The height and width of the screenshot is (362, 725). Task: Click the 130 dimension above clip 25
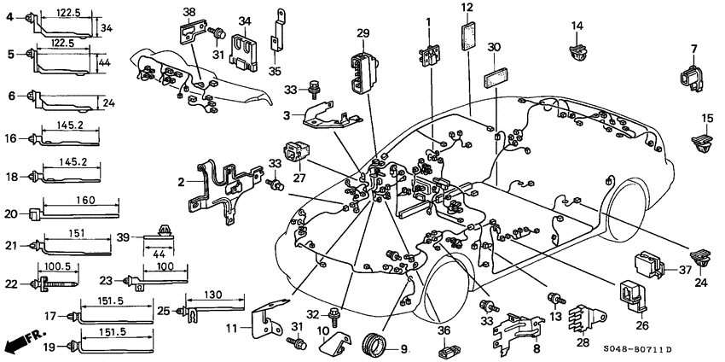coord(213,295)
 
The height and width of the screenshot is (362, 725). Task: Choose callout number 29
coord(363,33)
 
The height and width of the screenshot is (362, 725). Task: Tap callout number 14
coord(577,26)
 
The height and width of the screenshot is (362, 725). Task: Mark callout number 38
coord(189,12)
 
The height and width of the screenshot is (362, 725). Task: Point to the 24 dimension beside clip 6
coord(107,104)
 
